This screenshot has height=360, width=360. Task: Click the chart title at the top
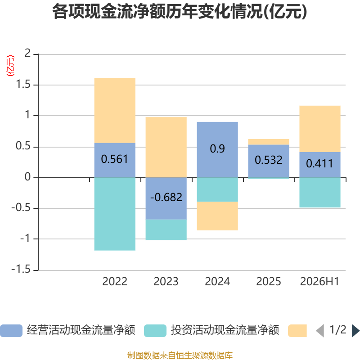pos(180,12)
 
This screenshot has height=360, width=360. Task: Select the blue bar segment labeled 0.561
pos(115,160)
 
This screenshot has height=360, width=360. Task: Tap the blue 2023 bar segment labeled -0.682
pos(166,198)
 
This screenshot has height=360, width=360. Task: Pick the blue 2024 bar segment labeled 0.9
pos(217,150)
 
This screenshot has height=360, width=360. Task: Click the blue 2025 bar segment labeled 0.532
pos(269,161)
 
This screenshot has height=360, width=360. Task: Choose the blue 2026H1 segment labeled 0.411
pos(320,165)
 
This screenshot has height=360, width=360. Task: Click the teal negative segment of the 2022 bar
pos(115,214)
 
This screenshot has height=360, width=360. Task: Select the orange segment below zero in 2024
pos(217,216)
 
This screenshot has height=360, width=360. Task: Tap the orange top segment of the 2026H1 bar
pos(320,129)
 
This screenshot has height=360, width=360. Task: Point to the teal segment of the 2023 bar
pos(166,229)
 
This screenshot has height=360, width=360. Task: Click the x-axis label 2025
pos(268,282)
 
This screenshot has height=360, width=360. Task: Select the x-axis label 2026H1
pos(319,282)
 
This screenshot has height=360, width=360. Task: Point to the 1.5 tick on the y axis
pos(23,85)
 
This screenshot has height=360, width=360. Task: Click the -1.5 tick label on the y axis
pos(21,269)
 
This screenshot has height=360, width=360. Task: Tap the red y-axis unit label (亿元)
pos(10,66)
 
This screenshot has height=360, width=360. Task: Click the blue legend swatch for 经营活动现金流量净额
pos(11,331)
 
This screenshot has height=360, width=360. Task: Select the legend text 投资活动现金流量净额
pos(225,330)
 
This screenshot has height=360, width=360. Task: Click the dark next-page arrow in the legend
pos(355,331)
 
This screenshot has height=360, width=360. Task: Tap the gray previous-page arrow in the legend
pos(320,331)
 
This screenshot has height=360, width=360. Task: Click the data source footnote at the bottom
pos(180,355)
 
